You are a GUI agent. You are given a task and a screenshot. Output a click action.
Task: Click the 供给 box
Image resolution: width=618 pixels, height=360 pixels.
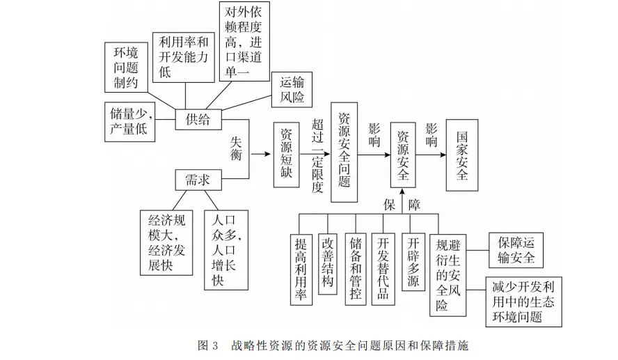197,120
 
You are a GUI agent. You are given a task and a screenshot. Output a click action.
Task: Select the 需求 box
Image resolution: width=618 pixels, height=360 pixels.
197,180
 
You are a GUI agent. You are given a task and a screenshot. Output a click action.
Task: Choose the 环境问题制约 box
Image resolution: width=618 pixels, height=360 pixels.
126,68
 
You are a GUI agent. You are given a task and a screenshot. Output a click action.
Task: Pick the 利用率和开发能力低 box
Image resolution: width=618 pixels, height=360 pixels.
184,56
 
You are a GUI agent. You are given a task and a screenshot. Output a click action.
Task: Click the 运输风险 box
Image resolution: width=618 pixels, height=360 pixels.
287,89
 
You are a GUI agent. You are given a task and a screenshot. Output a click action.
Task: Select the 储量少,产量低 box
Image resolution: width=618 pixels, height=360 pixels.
131,120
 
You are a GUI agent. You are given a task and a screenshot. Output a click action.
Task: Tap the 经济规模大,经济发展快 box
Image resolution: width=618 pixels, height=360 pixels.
165,243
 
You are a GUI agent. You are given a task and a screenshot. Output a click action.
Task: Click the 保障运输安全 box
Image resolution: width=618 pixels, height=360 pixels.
516,251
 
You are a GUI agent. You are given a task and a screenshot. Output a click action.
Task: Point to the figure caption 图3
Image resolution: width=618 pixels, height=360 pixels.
208,345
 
